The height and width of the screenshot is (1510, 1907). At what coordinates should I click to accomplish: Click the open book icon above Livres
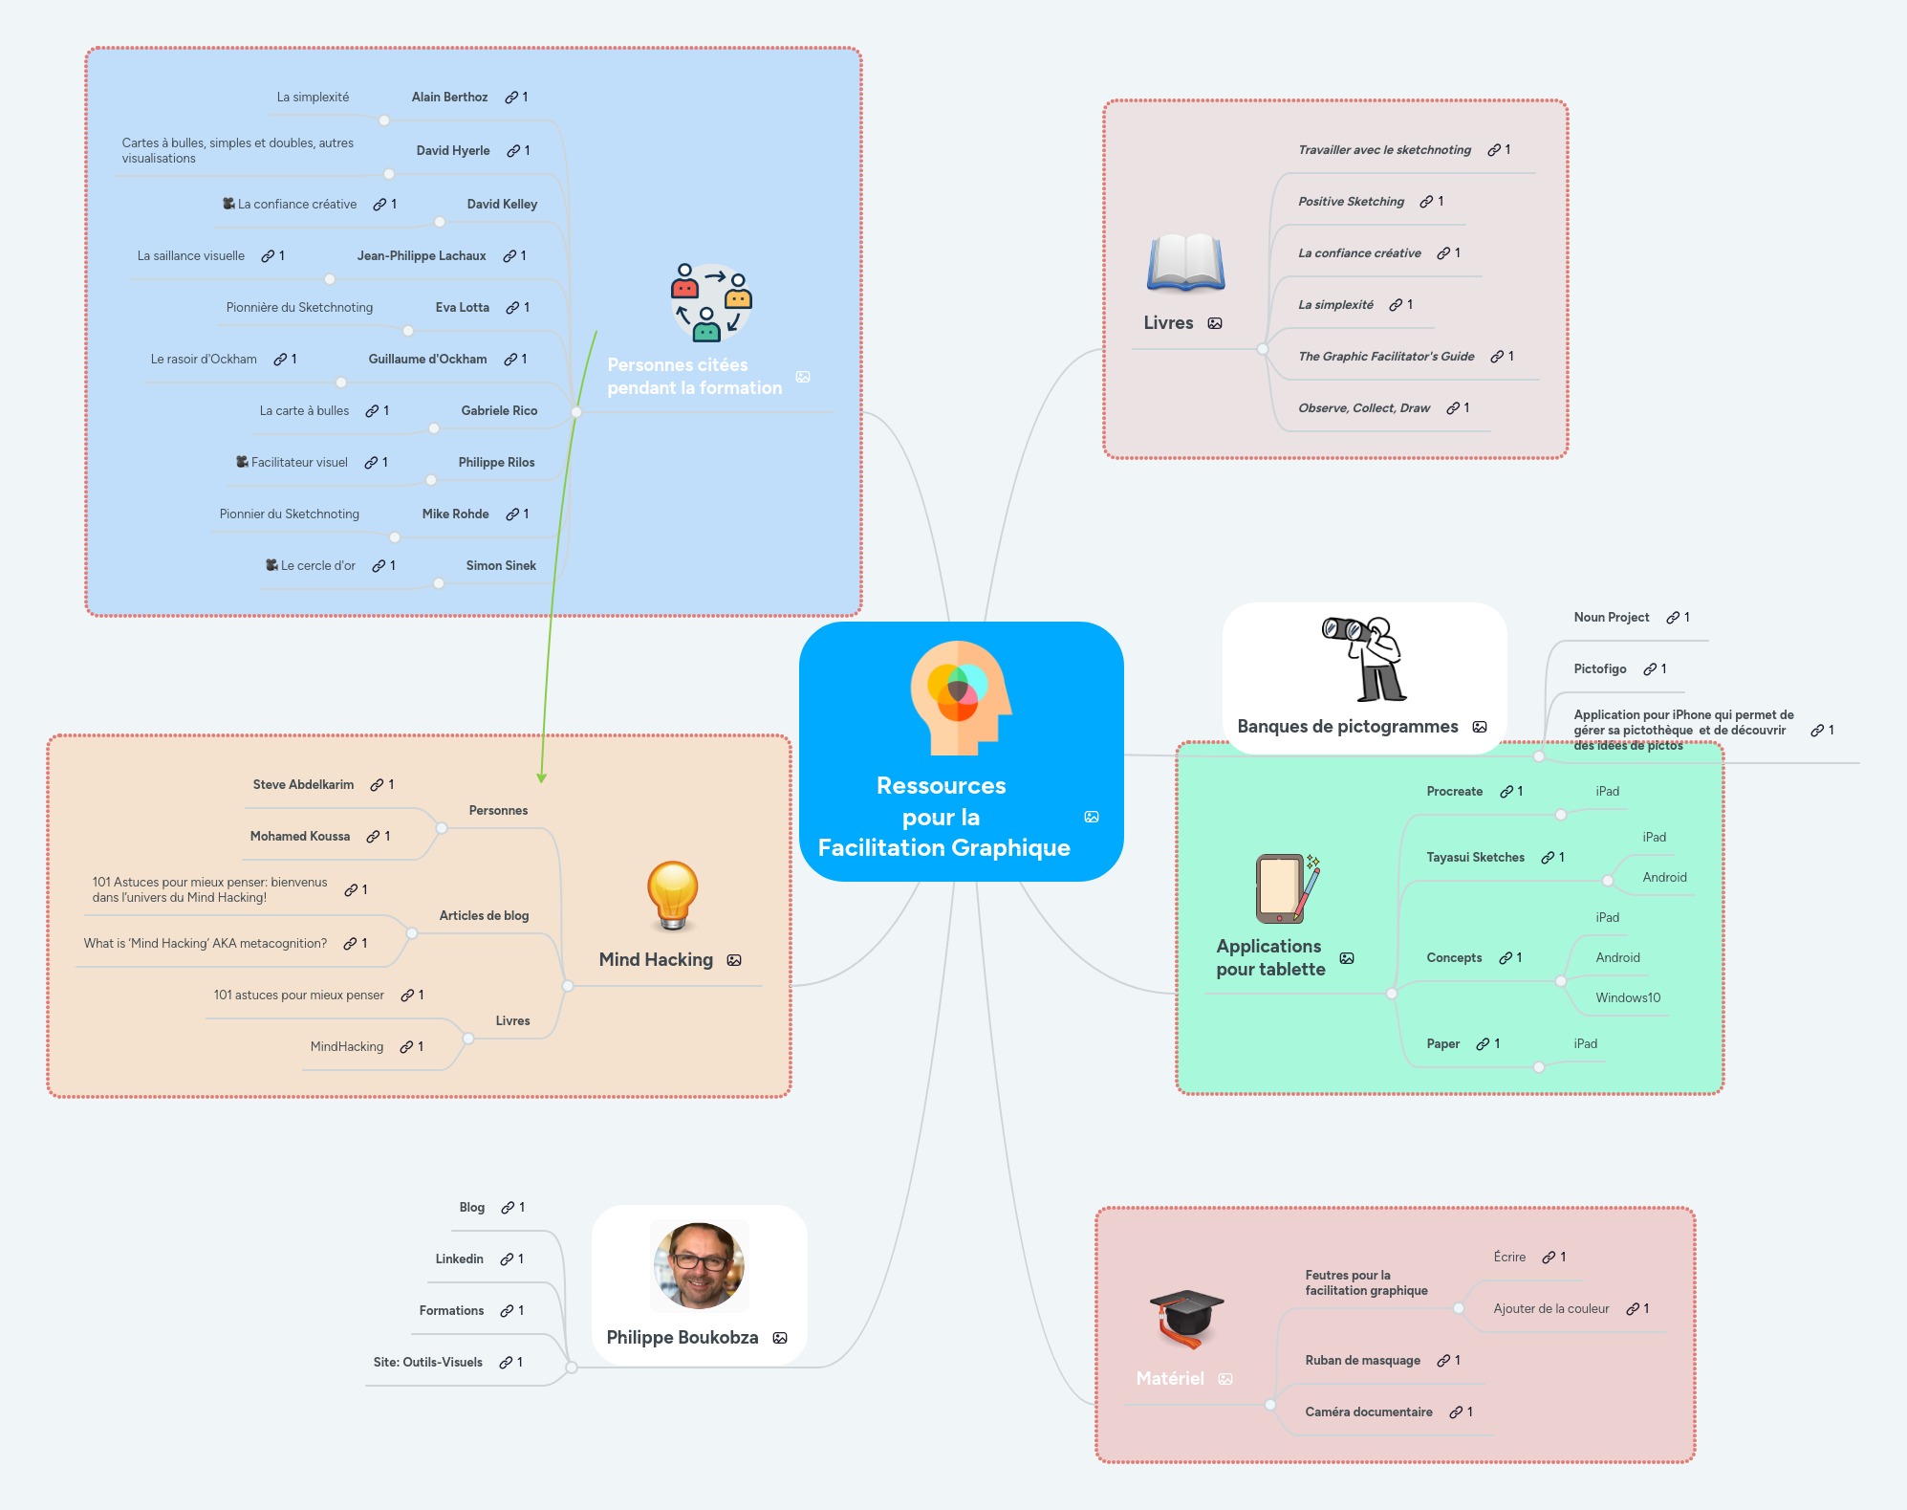pyautogui.click(x=1185, y=262)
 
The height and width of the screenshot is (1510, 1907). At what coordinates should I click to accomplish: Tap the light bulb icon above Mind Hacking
pyautogui.click(x=672, y=895)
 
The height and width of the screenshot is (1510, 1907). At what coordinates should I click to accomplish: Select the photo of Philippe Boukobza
pyautogui.click(x=699, y=1266)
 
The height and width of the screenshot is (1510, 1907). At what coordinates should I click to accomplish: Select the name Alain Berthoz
pyautogui.click(x=449, y=98)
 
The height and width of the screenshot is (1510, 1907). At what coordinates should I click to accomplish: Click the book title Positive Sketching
pyautogui.click(x=1351, y=202)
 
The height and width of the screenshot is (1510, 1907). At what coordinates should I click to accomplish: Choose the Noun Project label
pyautogui.click(x=1611, y=618)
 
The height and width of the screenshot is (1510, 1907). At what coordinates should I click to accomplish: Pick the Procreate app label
pyautogui.click(x=1454, y=792)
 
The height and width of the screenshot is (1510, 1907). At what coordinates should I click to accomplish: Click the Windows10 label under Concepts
pyautogui.click(x=1627, y=998)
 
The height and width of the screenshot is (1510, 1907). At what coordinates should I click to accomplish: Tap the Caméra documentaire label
pyautogui.click(x=1368, y=1412)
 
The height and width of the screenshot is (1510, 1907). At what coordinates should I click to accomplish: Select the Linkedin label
pyautogui.click(x=459, y=1259)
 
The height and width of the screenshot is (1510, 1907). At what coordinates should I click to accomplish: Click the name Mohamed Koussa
pyautogui.click(x=300, y=837)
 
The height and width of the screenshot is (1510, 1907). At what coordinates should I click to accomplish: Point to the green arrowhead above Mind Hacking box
pyautogui.click(x=542, y=777)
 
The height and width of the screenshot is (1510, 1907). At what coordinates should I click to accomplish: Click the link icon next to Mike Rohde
pyautogui.click(x=512, y=514)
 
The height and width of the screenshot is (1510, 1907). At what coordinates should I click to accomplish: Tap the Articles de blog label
pyautogui.click(x=484, y=916)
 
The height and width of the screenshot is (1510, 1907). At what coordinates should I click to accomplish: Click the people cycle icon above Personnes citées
pyautogui.click(x=710, y=302)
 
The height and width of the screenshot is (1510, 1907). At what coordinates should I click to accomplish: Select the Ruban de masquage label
pyautogui.click(x=1362, y=1361)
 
